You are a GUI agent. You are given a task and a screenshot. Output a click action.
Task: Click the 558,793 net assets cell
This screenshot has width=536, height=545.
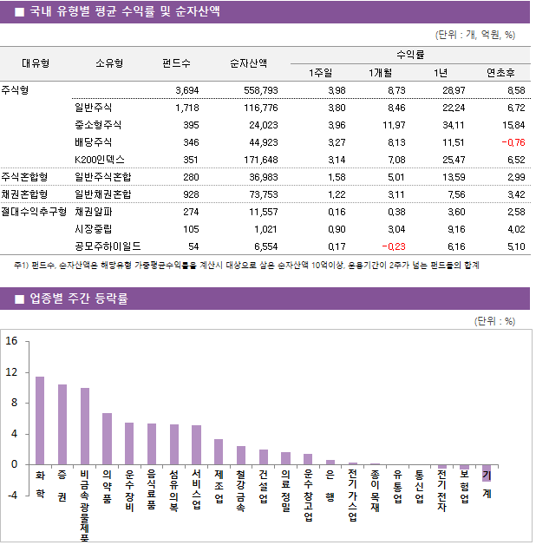(259, 90)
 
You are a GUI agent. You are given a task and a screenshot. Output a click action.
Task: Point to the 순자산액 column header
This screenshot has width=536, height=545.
(248, 63)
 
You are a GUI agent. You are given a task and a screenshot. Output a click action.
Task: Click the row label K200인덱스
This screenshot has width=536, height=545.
(100, 160)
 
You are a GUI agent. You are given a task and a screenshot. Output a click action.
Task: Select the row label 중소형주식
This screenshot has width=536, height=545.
(98, 125)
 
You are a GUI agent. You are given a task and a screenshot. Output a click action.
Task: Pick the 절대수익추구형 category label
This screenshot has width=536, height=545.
(34, 212)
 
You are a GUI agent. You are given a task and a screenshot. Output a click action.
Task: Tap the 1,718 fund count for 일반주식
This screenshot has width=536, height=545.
(186, 108)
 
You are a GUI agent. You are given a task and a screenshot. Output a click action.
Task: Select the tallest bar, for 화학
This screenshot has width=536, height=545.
(40, 421)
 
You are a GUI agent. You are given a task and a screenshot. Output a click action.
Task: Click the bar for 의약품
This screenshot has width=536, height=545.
(107, 439)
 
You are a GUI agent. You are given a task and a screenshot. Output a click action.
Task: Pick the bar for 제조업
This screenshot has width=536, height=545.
(219, 452)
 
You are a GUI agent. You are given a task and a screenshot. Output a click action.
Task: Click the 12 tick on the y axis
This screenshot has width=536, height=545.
(12, 372)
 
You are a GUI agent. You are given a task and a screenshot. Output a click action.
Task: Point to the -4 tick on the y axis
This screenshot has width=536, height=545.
(11, 496)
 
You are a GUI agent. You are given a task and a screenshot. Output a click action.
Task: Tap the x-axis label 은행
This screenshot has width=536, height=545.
(330, 486)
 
